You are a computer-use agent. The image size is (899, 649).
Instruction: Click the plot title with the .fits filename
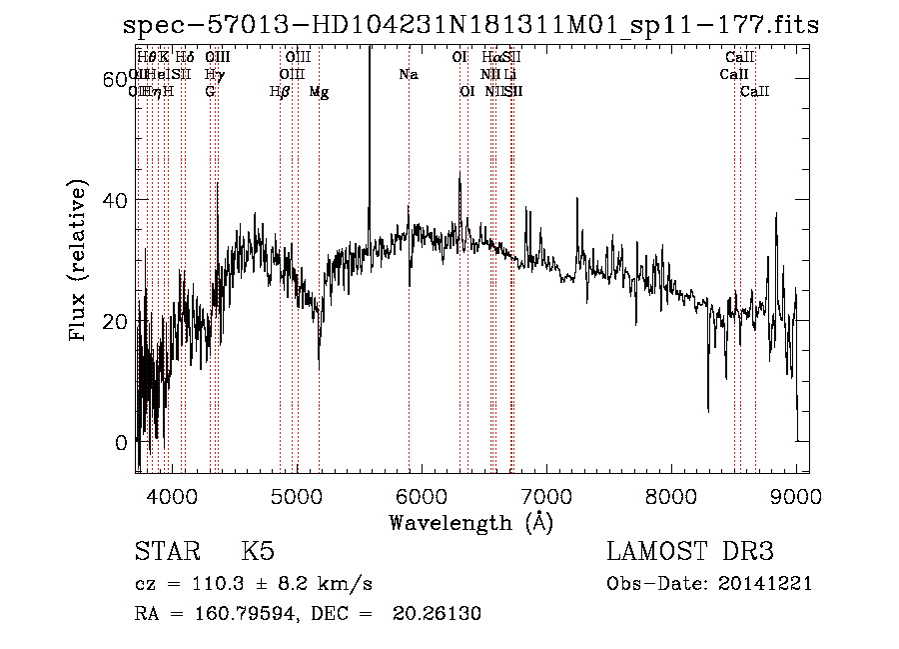coord(470,26)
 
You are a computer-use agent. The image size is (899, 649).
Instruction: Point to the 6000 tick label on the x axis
coord(422,496)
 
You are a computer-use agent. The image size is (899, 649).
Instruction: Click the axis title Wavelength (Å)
coord(470,522)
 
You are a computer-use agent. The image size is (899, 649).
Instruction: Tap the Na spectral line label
coord(408,75)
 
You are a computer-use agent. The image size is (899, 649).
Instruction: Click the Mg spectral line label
coord(319,92)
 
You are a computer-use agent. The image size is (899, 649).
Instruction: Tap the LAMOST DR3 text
coord(690,552)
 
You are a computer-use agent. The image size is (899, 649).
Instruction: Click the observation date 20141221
coord(770,583)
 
